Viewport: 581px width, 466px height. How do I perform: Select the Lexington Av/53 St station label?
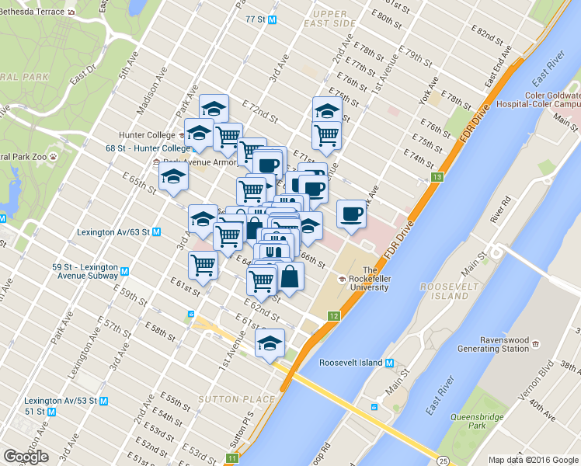click(76, 401)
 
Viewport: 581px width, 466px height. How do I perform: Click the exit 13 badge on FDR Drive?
click(438, 179)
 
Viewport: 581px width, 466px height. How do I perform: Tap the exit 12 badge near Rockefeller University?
click(334, 316)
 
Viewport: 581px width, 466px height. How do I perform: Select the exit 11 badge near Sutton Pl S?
click(232, 458)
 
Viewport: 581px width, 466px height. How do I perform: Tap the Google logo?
click(26, 456)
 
